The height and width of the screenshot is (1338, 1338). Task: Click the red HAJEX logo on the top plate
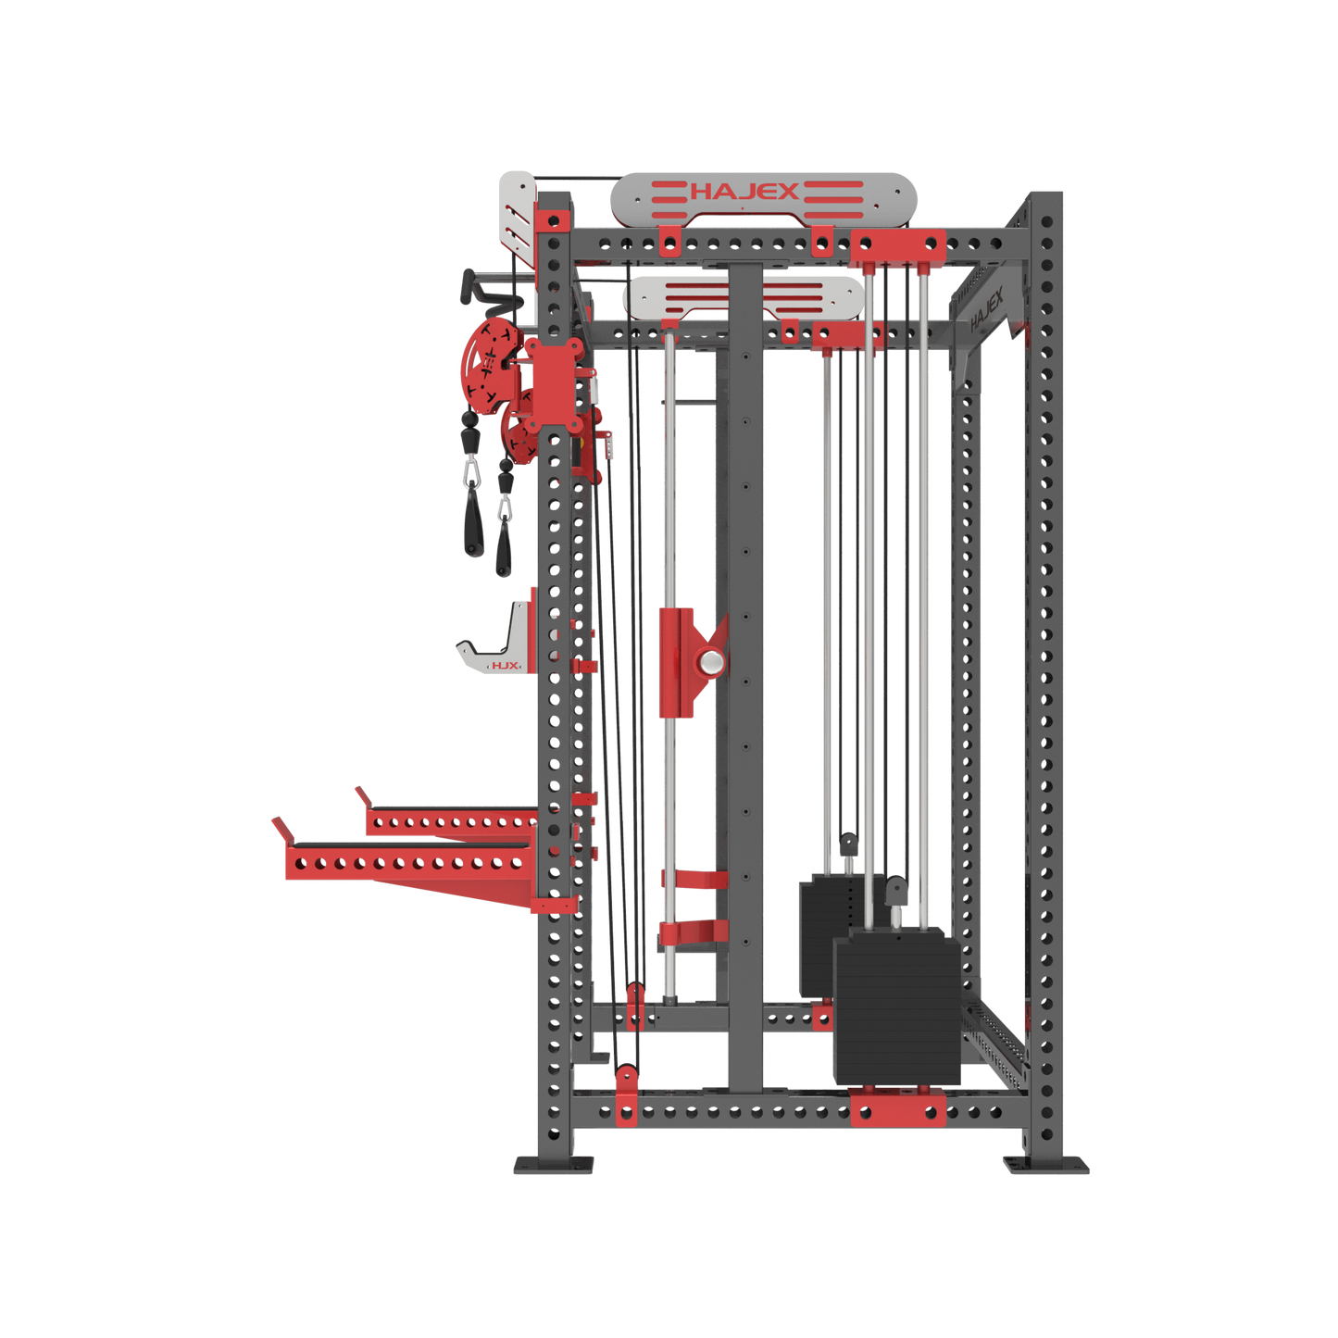tap(744, 192)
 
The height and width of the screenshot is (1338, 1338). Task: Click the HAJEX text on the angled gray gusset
tap(987, 311)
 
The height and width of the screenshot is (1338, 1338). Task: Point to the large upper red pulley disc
tap(484, 362)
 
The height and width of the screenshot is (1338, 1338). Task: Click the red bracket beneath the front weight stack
tap(896, 1107)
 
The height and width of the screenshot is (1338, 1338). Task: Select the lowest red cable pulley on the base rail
tap(627, 1093)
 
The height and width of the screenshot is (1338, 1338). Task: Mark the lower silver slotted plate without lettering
tap(743, 296)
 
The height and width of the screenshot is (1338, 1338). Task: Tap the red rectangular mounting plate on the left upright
tap(556, 382)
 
